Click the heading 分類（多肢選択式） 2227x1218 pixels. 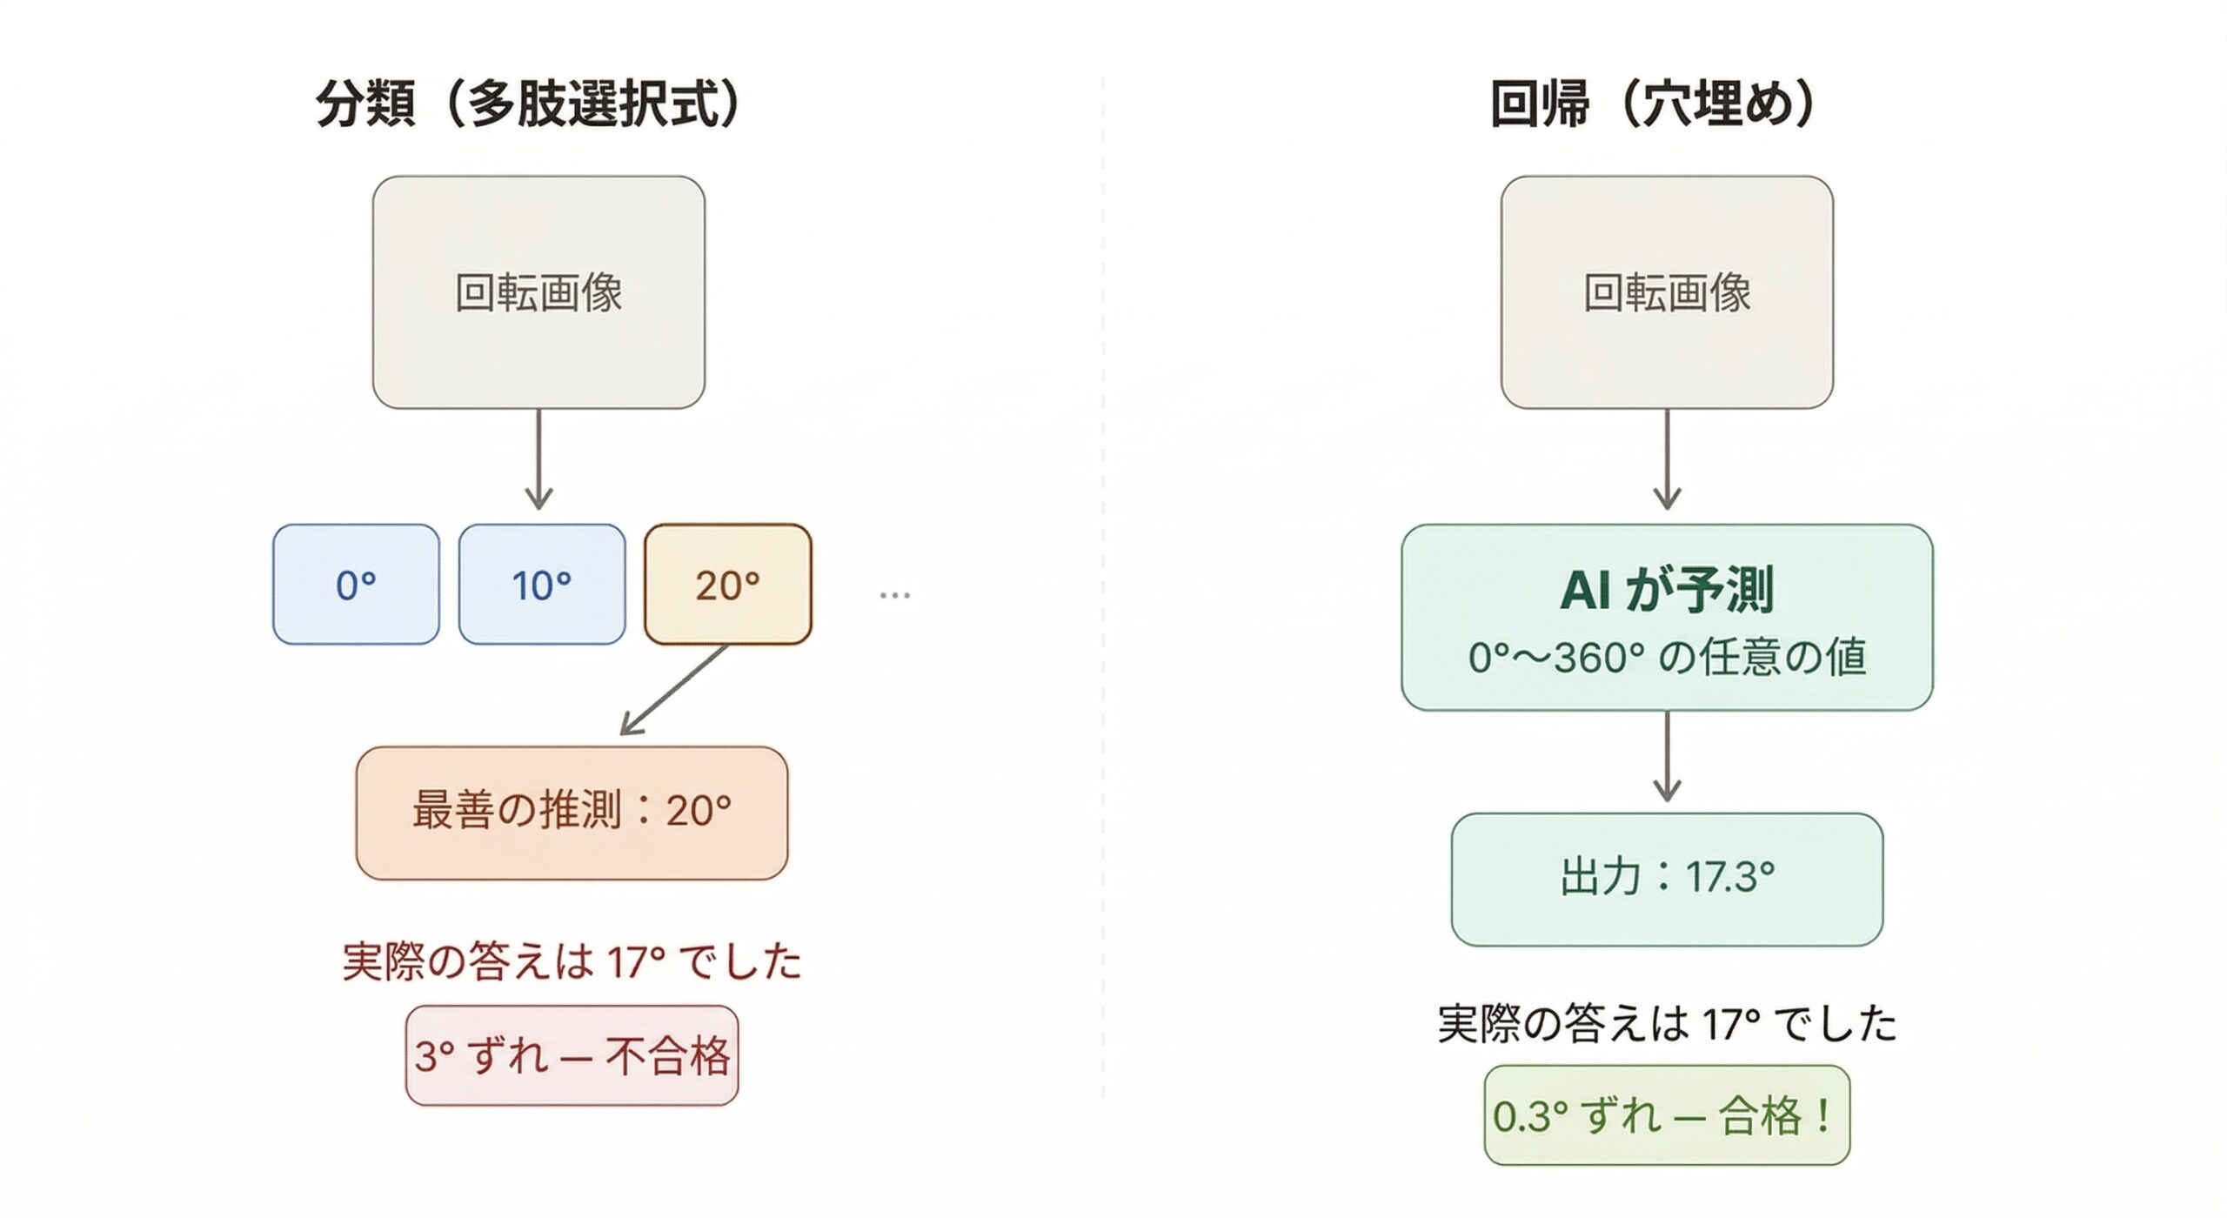point(527,105)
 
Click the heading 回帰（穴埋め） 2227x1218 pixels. point(1652,105)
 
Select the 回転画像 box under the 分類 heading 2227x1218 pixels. point(538,292)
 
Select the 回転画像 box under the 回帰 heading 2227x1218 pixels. point(1667,292)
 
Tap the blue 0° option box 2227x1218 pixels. point(356,585)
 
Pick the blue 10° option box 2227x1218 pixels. point(542,585)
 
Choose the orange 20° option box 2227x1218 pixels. point(728,585)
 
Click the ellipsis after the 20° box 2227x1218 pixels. point(894,595)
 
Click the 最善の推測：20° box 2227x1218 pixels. point(572,813)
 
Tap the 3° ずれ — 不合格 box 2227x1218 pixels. point(572,1056)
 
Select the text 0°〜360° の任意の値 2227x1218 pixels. point(1667,658)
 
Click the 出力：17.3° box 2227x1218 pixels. point(1667,879)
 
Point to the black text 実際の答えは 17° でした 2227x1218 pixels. point(1667,1024)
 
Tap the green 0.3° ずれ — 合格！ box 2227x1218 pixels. point(1667,1115)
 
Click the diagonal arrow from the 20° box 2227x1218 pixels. point(674,690)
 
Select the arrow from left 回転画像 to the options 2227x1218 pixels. point(538,459)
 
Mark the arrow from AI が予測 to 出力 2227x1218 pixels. point(1667,755)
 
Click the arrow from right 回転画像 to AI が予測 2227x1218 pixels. point(1667,459)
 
